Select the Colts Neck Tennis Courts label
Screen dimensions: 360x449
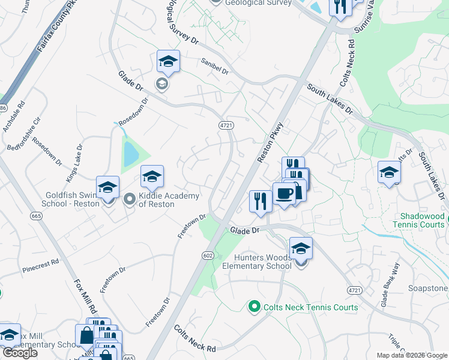(309, 307)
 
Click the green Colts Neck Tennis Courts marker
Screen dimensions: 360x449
(254, 307)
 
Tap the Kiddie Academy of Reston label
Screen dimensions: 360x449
(157, 200)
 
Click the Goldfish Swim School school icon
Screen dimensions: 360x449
(108, 188)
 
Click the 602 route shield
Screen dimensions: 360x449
(208, 256)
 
